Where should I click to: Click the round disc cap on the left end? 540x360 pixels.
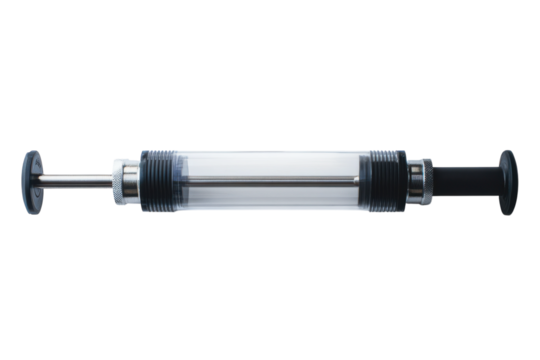point(33,181)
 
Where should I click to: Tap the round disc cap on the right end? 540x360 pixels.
point(507,182)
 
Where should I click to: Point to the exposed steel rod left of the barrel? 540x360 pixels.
point(75,181)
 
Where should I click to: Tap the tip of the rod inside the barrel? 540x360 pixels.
point(356,179)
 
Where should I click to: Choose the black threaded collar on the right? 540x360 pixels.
point(385,181)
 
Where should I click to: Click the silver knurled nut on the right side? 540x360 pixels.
point(414,181)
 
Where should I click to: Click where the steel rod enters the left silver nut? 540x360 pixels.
point(111,181)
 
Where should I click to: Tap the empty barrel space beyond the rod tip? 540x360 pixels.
point(364,181)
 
